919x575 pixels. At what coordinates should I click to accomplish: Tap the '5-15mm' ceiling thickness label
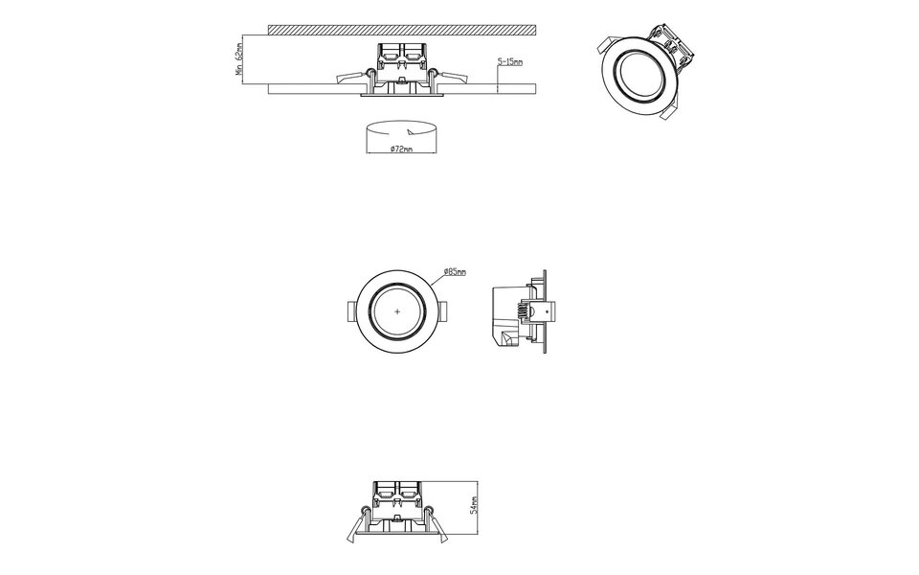pyautogui.click(x=510, y=62)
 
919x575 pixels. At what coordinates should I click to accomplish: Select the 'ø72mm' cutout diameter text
pyautogui.click(x=402, y=149)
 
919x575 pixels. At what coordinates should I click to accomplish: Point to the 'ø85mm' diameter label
pyautogui.click(x=455, y=273)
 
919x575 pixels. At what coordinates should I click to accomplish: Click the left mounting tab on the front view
pyautogui.click(x=350, y=311)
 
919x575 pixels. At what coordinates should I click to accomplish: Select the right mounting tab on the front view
pyautogui.click(x=445, y=311)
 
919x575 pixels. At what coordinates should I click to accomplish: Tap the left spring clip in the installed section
pyautogui.click(x=351, y=78)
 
